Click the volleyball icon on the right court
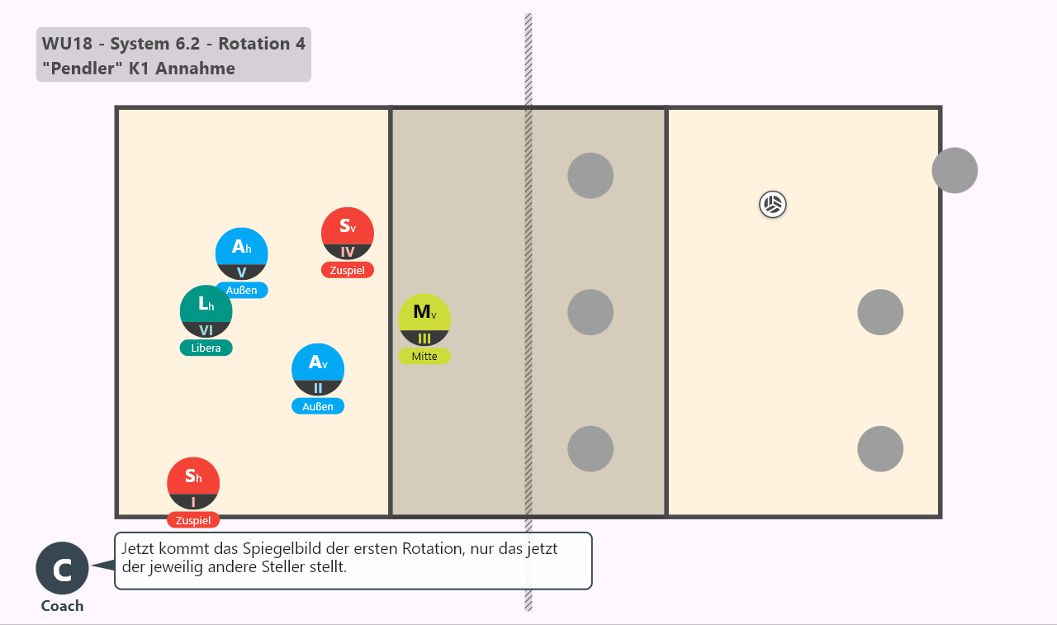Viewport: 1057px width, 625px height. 772,205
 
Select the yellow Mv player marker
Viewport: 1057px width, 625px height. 424,320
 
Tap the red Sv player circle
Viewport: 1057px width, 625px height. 348,234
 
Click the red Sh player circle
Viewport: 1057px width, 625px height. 193,484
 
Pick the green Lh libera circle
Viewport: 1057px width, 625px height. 206,311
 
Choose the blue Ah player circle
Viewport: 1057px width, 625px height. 242,253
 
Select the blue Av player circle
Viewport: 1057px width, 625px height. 318,370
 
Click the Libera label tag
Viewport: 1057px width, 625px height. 206,348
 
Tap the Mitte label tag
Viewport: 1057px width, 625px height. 424,356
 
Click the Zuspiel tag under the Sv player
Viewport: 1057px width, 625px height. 348,270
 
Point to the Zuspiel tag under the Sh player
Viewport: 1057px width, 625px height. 193,520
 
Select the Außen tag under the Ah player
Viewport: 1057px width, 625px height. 242,290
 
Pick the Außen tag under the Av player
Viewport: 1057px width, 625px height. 318,406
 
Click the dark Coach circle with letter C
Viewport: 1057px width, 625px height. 62,568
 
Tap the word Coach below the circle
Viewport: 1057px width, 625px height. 62,606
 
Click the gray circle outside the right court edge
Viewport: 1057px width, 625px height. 955,170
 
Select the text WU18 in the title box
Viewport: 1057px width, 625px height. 67,44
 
